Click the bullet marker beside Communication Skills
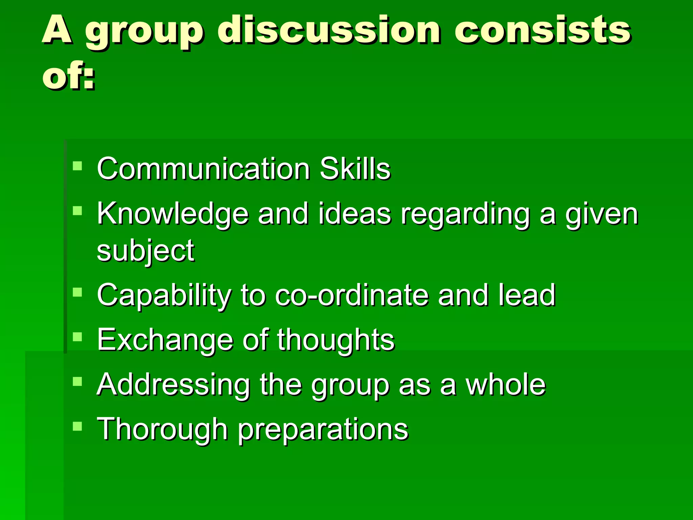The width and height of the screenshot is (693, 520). point(77,166)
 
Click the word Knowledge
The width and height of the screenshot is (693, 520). point(173,214)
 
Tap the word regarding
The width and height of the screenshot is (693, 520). point(465,214)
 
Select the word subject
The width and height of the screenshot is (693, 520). point(146,251)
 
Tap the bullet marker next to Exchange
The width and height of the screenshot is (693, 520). point(77,337)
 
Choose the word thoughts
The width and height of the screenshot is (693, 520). point(336,340)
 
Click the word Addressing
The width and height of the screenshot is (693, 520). point(173,385)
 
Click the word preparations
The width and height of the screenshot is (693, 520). point(323,430)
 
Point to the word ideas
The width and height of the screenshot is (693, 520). point(355,214)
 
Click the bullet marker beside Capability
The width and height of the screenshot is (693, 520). point(77,292)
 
